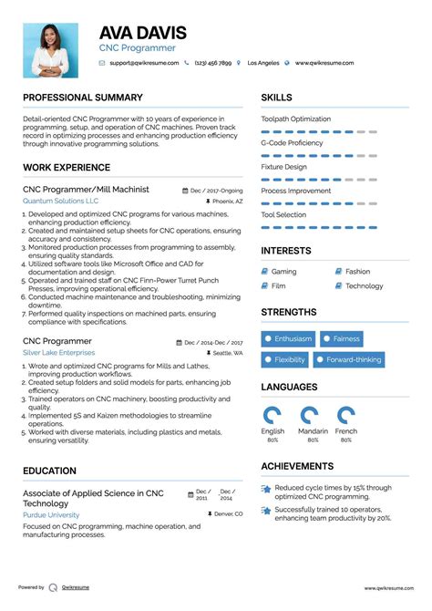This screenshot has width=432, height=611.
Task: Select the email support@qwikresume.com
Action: pyautogui.click(x=142, y=64)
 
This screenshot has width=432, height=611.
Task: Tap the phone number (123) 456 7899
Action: pyautogui.click(x=212, y=64)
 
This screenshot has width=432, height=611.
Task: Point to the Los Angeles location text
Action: pyautogui.click(x=263, y=64)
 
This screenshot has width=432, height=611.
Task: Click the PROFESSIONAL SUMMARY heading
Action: pyautogui.click(x=83, y=98)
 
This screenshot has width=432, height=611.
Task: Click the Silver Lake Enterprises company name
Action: pyautogui.click(x=58, y=352)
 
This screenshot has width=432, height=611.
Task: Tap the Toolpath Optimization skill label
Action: pyautogui.click(x=296, y=119)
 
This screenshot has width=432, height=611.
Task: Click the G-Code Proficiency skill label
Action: pyautogui.click(x=292, y=143)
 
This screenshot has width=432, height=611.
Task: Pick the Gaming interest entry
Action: pyautogui.click(x=283, y=272)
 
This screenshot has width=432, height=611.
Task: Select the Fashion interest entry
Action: pyautogui.click(x=357, y=272)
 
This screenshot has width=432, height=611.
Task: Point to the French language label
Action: pyautogui.click(x=346, y=430)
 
